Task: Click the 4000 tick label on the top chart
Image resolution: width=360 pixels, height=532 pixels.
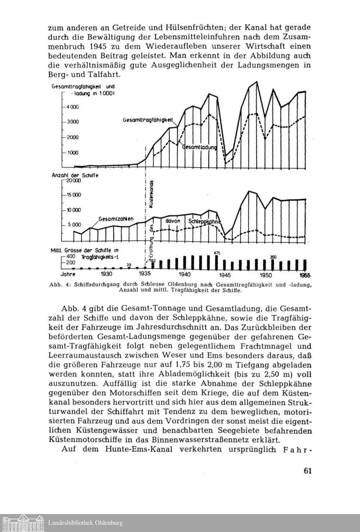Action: pos(72,107)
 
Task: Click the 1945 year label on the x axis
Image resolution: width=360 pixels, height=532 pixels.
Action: pos(225,275)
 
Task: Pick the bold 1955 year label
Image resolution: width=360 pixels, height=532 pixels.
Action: pos(305,275)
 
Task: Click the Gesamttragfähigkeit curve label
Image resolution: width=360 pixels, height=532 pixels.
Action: pos(148,120)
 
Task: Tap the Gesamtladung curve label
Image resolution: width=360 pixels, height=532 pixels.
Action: pos(200,147)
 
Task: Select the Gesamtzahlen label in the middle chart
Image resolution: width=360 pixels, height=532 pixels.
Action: pos(116,218)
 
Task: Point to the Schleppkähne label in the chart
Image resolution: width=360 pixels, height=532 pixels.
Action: pos(204,222)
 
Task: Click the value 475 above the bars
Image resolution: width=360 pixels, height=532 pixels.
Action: pos(217,253)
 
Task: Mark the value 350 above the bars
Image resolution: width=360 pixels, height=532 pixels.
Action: pos(273,257)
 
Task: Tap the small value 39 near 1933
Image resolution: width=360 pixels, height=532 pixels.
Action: pos(129,265)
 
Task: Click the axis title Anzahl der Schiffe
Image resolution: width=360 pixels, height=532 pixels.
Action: pos(75,175)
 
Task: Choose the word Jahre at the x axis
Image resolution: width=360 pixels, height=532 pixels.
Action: pos(67,274)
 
